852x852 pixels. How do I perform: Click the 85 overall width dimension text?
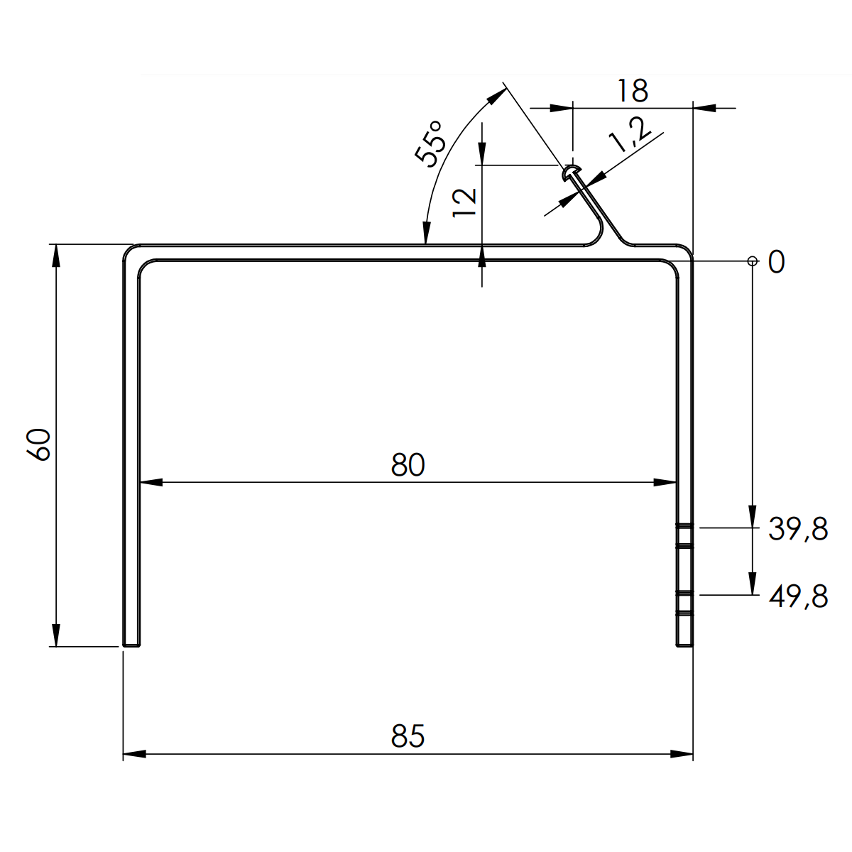coord(408,736)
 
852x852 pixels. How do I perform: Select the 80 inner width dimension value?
coord(408,465)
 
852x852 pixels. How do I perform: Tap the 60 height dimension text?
coord(40,444)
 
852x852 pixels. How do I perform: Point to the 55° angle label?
coord(431,142)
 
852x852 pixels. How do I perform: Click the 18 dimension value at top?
coord(632,91)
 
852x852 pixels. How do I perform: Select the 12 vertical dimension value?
coord(466,202)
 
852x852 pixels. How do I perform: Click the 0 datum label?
coord(776,263)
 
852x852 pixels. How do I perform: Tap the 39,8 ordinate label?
coord(798,530)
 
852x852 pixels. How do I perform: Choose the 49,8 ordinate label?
coord(798,596)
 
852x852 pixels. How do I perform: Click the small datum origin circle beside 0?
coord(752,261)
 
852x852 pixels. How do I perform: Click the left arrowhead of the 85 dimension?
coord(134,754)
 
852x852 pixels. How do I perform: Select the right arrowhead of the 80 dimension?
coord(665,483)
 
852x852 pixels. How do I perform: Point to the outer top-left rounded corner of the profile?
coord(128,249)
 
